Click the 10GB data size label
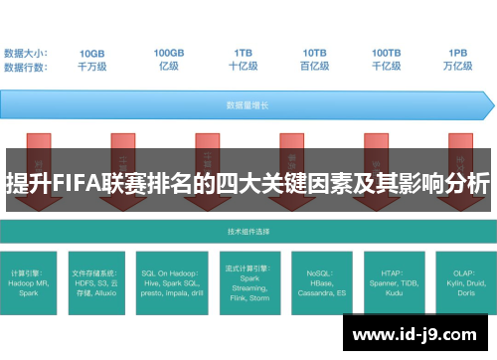coord(91,52)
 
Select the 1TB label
coord(244,52)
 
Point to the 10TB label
coord(315,52)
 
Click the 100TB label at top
coord(387,52)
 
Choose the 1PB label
coord(457,52)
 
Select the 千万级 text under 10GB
coord(91,66)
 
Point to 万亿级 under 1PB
coord(457,66)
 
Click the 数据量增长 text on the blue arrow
coord(245,103)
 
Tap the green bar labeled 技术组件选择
coord(248,231)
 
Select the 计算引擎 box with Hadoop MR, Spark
coord(33,281)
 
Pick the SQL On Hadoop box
coord(171,281)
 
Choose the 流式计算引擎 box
coord(248,281)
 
